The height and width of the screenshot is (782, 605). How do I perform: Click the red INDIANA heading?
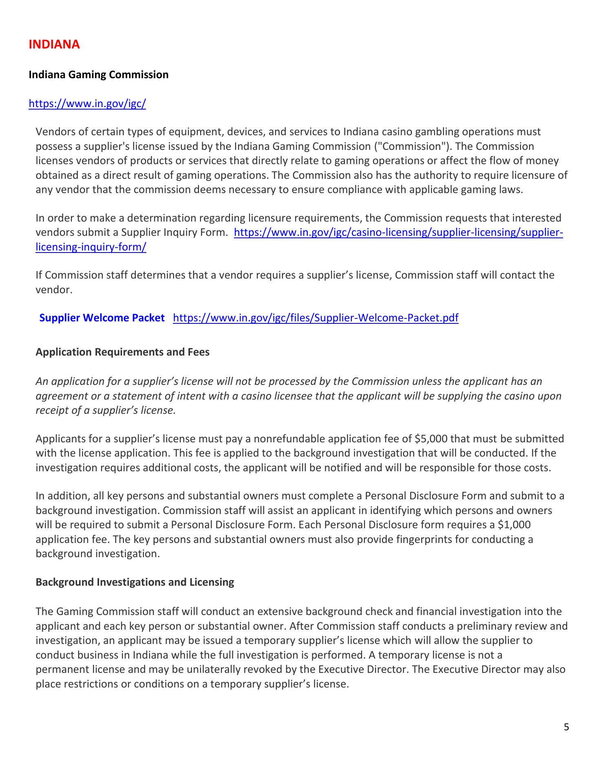pos(54,44)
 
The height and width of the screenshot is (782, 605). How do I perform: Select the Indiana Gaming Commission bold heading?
pos(98,75)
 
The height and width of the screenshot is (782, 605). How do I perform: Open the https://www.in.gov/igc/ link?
pos(87,103)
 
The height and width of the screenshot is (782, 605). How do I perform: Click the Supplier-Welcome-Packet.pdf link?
pos(316,318)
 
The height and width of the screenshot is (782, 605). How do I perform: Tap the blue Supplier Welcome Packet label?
pos(102,318)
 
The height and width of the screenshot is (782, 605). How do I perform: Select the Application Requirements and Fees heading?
pos(122,352)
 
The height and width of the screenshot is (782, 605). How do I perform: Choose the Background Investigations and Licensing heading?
pos(135,582)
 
